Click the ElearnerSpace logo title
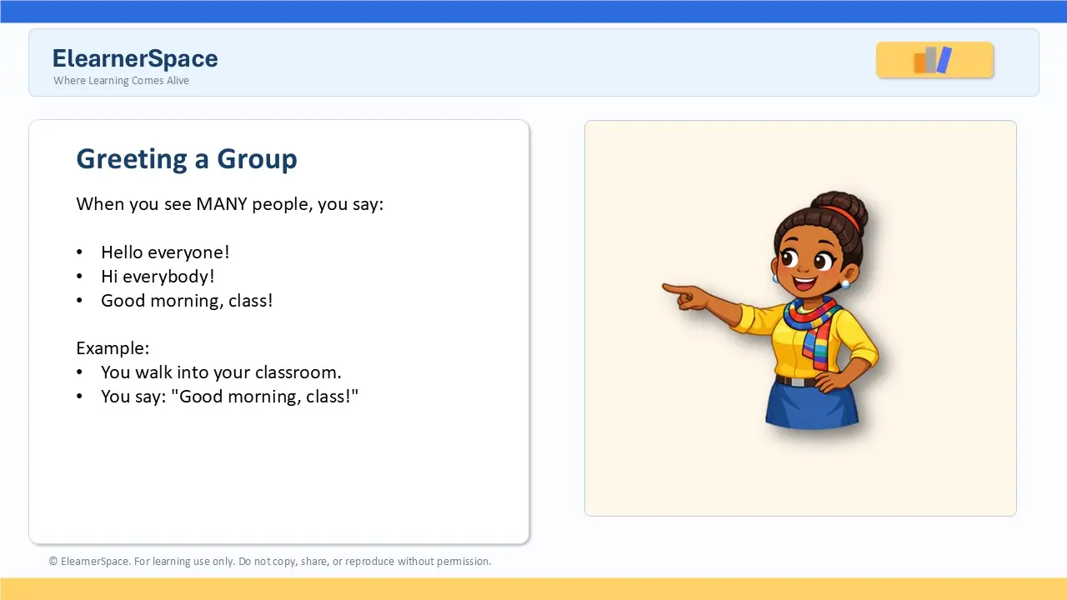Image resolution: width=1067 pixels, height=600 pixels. point(135,58)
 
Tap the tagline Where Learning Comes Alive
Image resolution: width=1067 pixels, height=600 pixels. point(121,81)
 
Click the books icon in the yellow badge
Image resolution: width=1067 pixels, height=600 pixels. point(933,59)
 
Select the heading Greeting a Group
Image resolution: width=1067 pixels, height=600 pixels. point(187,159)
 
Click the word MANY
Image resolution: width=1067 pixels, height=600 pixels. point(222,204)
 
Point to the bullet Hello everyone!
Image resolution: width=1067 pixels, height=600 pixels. point(165,252)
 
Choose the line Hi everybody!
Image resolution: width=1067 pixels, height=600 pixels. point(158,277)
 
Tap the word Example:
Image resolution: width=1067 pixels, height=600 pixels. point(113,348)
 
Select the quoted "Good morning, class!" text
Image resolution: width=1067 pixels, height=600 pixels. point(264,396)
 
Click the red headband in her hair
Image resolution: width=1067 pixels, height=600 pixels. point(842,216)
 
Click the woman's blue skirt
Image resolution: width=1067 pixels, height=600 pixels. point(812,404)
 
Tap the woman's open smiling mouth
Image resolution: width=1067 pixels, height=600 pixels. point(804,284)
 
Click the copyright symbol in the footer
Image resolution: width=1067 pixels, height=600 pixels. point(53,562)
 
